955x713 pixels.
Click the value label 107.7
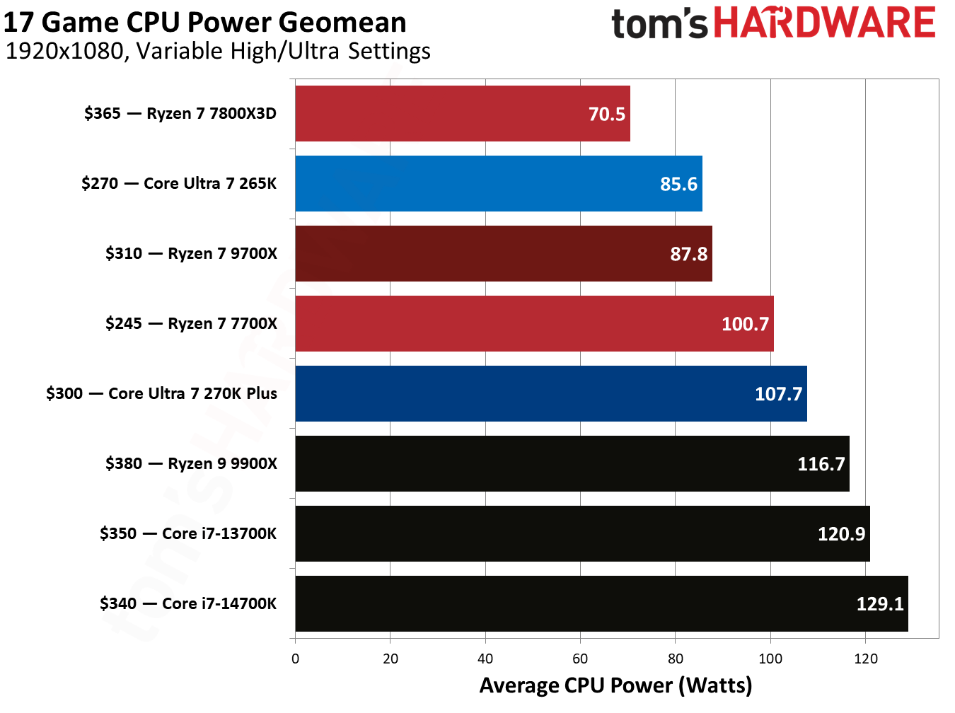778,394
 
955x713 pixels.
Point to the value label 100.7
745,324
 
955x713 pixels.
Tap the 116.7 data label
821,464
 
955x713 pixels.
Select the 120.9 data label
841,534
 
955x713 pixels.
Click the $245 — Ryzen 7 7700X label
191,324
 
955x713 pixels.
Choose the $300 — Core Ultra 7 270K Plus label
161,394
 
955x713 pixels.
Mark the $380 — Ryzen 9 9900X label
191,464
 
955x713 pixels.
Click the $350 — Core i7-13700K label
188,534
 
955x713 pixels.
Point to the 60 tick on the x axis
580,659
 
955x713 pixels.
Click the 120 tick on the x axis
865,659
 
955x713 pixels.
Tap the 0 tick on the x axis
295,659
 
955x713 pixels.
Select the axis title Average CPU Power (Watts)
615,685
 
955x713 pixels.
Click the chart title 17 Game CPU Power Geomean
205,23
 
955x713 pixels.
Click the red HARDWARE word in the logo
824,23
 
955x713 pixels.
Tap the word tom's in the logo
659,24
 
